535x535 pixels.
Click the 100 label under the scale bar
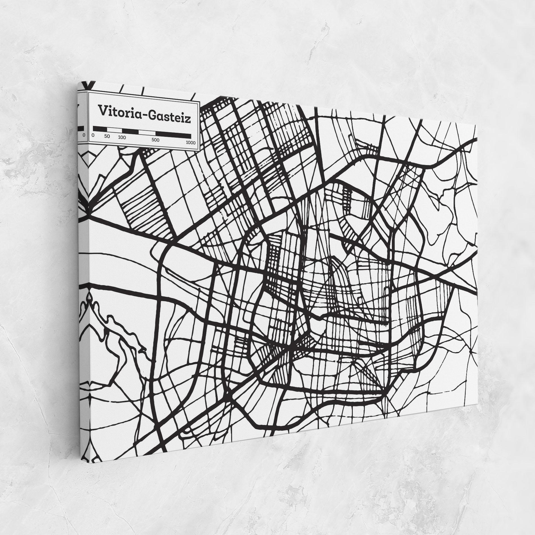click(122, 138)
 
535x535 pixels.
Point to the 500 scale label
click(155, 140)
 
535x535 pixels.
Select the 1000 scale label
click(191, 142)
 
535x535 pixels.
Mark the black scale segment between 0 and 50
click(100, 129)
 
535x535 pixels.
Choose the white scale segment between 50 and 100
click(114, 130)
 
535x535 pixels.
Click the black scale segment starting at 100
click(130, 131)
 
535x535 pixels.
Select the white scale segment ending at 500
click(147, 133)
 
